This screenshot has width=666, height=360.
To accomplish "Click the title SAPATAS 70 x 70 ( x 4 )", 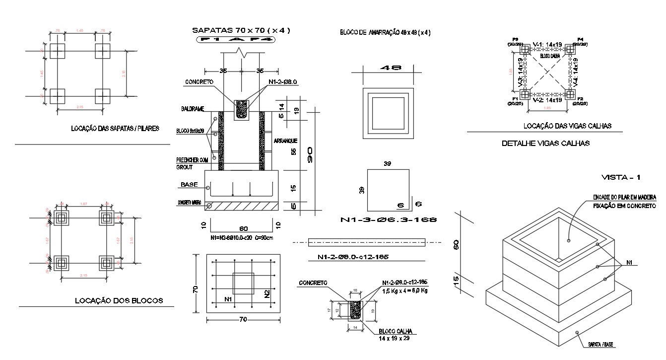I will (x=241, y=31).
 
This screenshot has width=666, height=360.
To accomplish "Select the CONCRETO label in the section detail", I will (x=199, y=82).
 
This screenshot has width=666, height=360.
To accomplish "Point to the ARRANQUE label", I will (x=285, y=141).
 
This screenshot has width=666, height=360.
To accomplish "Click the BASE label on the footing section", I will (x=189, y=185).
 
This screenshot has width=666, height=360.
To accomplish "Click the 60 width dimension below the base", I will (x=243, y=229).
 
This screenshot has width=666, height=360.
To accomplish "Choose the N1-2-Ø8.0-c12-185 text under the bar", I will (x=353, y=257).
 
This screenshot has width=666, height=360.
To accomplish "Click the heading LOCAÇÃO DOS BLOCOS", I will (x=119, y=300).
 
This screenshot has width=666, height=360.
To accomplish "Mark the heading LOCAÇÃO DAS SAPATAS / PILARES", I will (x=115, y=128).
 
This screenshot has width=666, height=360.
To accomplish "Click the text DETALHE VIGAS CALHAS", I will (x=545, y=144).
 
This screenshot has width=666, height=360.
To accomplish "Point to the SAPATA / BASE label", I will (x=602, y=344).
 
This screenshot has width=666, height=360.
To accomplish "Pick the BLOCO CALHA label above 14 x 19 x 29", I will (x=395, y=332).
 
